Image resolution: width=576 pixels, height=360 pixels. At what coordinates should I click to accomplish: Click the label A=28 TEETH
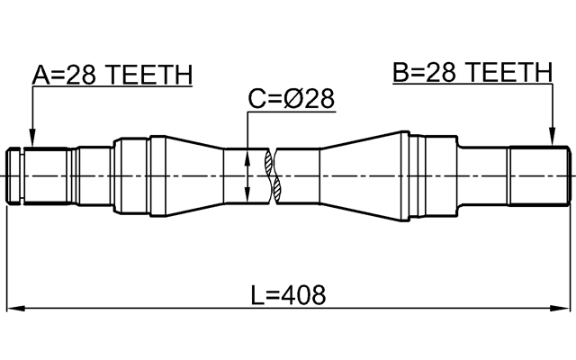pyautogui.click(x=112, y=76)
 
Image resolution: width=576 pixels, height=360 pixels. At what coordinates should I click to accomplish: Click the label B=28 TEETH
pyautogui.click(x=472, y=72)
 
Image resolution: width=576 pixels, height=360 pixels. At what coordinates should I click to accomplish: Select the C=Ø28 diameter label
pyautogui.click(x=291, y=99)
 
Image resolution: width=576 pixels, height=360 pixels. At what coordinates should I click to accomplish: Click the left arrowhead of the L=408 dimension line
pyautogui.click(x=13, y=309)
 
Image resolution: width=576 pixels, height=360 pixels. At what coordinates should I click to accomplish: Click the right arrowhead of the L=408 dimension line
pyautogui.click(x=563, y=309)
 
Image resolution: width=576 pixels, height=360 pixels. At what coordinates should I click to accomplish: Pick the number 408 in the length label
pyautogui.click(x=305, y=294)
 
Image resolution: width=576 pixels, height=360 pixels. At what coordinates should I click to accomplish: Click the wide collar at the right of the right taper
pyautogui.click(x=436, y=175)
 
